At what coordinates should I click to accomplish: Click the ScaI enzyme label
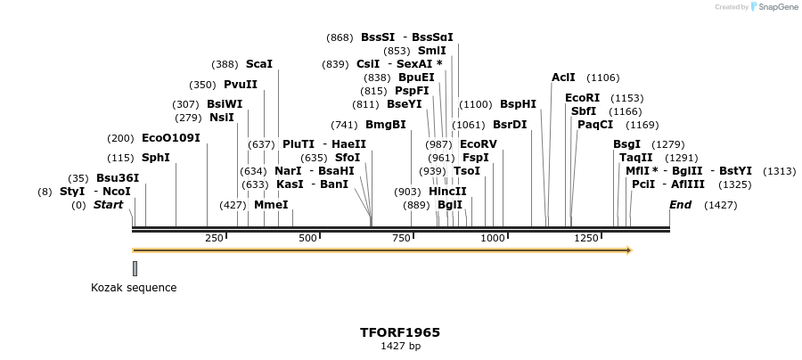coord(258,64)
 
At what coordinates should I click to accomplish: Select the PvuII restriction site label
coord(240,85)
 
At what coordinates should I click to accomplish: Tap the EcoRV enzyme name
coord(479,143)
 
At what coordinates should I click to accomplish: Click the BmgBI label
coord(385,124)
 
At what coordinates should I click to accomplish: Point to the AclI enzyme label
coord(563,78)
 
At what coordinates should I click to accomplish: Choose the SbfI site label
coord(584,111)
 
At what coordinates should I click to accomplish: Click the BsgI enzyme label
coord(626,144)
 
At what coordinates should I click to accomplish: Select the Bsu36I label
coord(118,177)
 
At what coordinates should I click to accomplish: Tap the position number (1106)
coord(603,78)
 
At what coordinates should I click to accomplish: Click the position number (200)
coord(120,138)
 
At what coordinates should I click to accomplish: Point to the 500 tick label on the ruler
coord(308,238)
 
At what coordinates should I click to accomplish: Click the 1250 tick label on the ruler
coord(585,238)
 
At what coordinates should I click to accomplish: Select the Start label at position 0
coord(108,205)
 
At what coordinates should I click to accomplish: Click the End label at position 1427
coord(680,205)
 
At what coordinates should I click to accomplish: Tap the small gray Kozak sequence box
coord(135,268)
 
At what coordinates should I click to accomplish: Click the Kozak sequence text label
coord(134,288)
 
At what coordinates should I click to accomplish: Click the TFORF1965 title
coord(400,332)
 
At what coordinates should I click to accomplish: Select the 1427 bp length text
coord(400,346)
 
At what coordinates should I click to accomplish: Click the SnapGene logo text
coord(778,7)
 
